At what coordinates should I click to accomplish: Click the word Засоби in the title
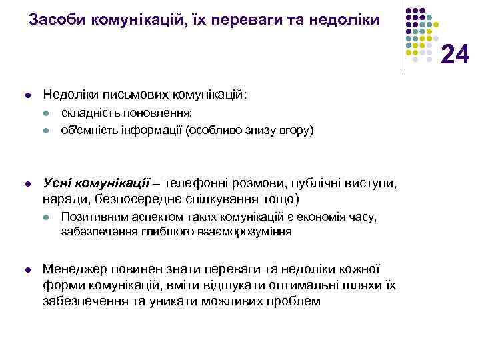(x=55, y=20)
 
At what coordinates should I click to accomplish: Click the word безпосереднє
(x=135, y=199)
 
